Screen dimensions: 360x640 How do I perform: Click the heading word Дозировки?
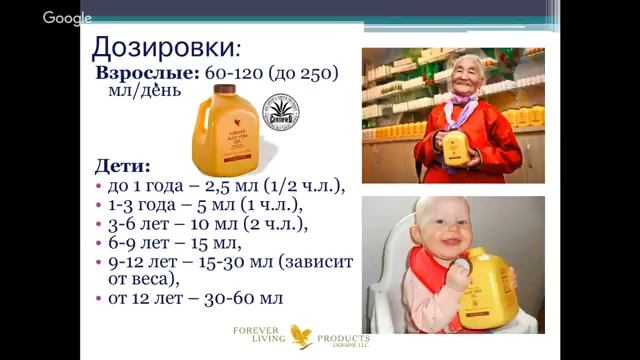pos(163,47)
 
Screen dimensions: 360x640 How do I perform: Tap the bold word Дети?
pos(121,164)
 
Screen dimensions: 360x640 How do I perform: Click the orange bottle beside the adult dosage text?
pos(221,127)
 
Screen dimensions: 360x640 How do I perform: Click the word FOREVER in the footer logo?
pos(253,329)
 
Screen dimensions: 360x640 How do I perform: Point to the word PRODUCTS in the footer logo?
pos(342,338)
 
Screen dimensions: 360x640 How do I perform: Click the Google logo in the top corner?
pos(67,17)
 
